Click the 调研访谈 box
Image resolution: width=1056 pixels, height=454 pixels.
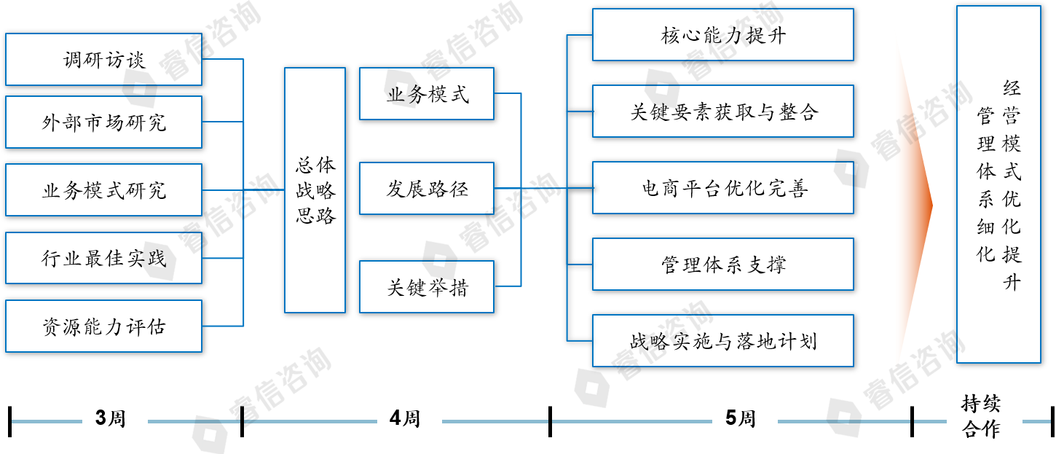coord(103,59)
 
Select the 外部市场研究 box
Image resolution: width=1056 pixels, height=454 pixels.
coord(103,122)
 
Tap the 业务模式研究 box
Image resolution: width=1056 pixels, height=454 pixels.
coord(103,189)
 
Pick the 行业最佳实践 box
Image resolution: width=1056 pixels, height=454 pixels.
coord(103,257)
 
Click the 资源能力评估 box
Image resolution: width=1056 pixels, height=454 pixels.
coord(103,326)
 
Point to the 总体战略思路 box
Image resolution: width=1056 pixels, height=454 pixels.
coord(315,190)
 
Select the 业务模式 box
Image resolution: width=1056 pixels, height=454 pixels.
coord(427,94)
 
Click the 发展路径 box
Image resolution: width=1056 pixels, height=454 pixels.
coord(427,189)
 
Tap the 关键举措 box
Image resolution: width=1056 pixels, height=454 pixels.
coord(427,287)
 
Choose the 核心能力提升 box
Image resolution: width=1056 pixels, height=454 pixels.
coord(722,35)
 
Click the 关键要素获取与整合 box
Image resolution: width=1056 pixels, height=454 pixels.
coord(722,111)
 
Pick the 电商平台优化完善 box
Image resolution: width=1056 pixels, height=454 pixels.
coord(722,188)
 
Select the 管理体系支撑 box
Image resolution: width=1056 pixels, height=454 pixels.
coord(722,264)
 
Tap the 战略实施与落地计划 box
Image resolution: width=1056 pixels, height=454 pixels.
coord(722,340)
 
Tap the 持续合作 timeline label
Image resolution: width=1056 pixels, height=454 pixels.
coord(980,416)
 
